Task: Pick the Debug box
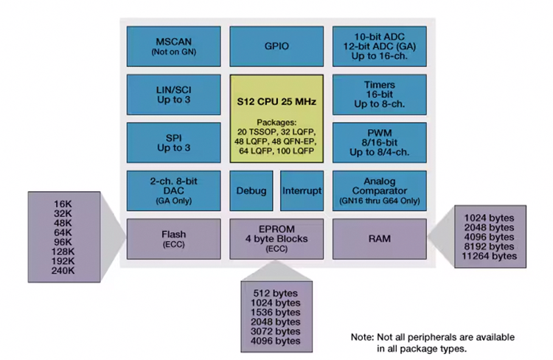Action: click(x=251, y=190)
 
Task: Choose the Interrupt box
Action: click(x=302, y=190)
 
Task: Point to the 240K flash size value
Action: click(x=63, y=271)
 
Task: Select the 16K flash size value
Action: click(x=63, y=204)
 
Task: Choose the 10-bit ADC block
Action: click(x=378, y=35)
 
